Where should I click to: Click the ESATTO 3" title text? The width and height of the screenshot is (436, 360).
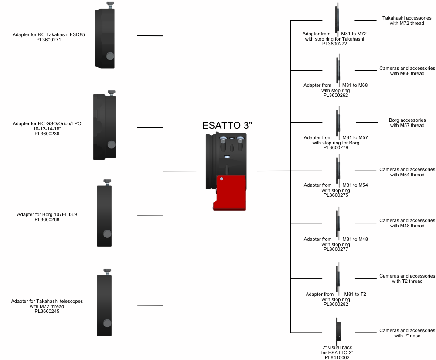pyautogui.click(x=228, y=125)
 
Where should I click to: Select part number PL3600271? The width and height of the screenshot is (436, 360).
pyautogui.click(x=49, y=40)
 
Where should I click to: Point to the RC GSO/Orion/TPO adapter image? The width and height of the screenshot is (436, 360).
pyautogui.click(x=105, y=127)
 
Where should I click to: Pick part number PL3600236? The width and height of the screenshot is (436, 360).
pyautogui.click(x=47, y=134)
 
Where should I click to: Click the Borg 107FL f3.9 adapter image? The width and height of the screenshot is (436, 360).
pyautogui.click(x=105, y=216)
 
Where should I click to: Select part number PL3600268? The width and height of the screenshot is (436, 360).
pyautogui.click(x=47, y=220)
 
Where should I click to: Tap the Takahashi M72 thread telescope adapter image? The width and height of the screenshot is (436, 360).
pyautogui.click(x=105, y=305)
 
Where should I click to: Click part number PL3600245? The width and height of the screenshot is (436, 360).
pyautogui.click(x=47, y=312)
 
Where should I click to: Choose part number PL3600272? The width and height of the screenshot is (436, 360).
pyautogui.click(x=334, y=44)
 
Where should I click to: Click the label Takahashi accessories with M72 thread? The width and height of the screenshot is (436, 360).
pyautogui.click(x=406, y=21)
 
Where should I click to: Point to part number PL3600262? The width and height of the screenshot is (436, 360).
pyautogui.click(x=335, y=96)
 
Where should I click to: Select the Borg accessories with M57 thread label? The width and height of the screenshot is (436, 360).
pyautogui.click(x=407, y=123)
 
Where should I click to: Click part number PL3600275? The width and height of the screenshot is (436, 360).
pyautogui.click(x=335, y=195)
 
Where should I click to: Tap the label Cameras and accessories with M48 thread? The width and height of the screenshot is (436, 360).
pyautogui.click(x=407, y=223)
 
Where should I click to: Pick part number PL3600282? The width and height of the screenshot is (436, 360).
pyautogui.click(x=335, y=305)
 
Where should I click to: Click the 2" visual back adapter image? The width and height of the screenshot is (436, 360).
pyautogui.click(x=337, y=331)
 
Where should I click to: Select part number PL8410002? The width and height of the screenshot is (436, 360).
pyautogui.click(x=337, y=357)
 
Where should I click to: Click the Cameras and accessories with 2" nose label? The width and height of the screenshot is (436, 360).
pyautogui.click(x=407, y=333)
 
